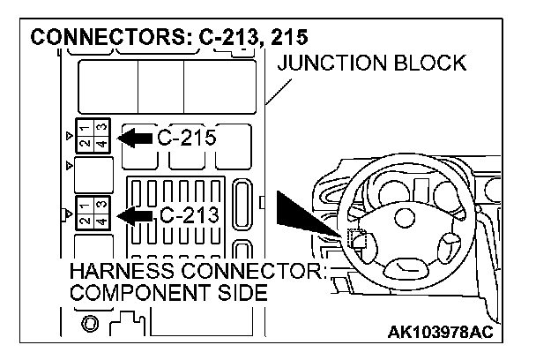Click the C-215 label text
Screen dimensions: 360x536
[x=187, y=139]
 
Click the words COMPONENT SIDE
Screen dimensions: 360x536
[x=167, y=292]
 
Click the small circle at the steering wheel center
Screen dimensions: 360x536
[x=403, y=220]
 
